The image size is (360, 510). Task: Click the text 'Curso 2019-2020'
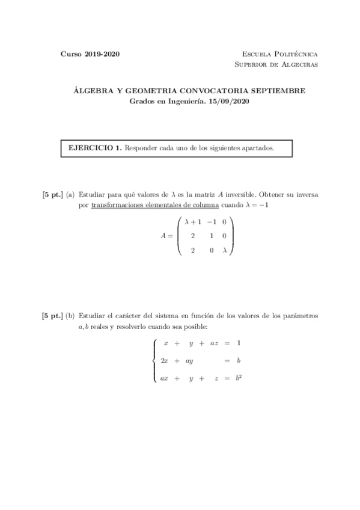(x=90, y=54)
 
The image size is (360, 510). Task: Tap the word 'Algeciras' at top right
(x=298, y=64)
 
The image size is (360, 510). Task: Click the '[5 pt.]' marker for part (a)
(x=52, y=195)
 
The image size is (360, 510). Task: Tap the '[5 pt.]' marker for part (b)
(x=52, y=315)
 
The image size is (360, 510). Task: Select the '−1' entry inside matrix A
(x=210, y=222)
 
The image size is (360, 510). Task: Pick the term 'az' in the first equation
(x=213, y=343)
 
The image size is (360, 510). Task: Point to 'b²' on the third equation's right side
(x=239, y=378)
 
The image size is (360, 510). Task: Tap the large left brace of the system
(x=154, y=360)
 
